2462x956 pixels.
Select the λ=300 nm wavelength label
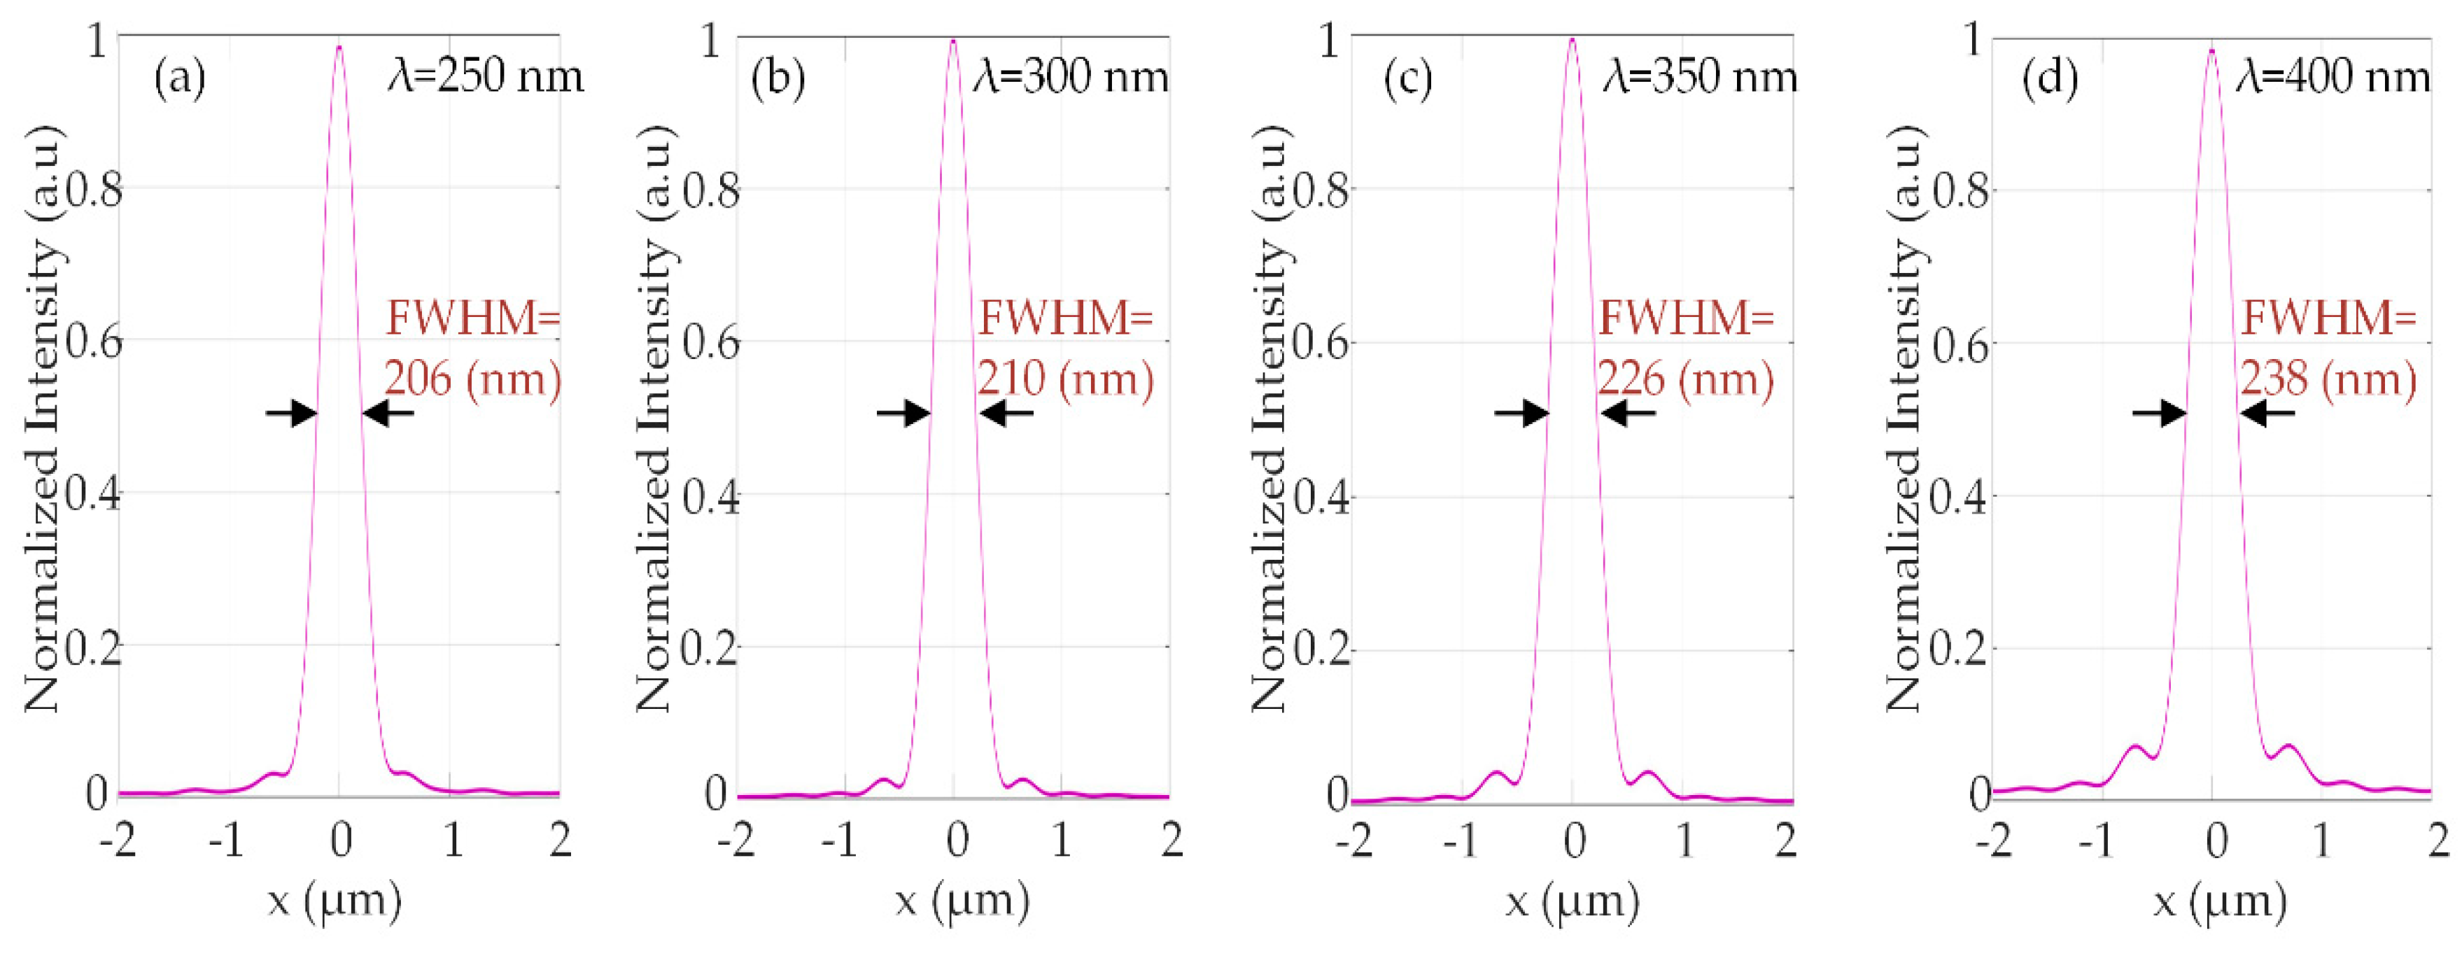click(x=1071, y=76)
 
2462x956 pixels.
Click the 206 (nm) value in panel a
click(x=472, y=379)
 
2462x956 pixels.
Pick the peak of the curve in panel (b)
click(x=953, y=41)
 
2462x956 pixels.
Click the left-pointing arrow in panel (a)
click(x=388, y=413)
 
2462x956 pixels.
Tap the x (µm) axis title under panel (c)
click(x=1573, y=901)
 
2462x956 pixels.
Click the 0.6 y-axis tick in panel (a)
click(x=94, y=342)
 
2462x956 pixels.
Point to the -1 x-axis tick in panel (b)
click(x=841, y=841)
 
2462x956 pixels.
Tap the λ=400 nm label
click(x=2332, y=76)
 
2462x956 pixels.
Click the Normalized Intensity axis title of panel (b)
click(x=656, y=421)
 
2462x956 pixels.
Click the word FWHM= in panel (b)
click(x=1064, y=318)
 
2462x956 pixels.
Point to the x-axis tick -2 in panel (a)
click(x=118, y=841)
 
